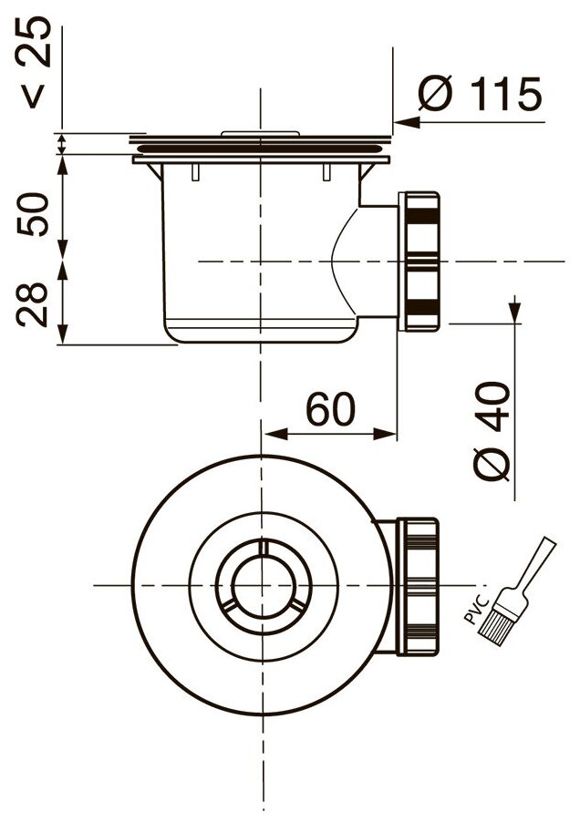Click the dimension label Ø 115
point(480,95)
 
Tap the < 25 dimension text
point(36,62)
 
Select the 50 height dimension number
point(33,214)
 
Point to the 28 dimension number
point(33,304)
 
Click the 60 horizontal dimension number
point(330,409)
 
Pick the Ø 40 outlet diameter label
point(492,431)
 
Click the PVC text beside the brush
point(477,610)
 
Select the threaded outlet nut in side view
point(419,262)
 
